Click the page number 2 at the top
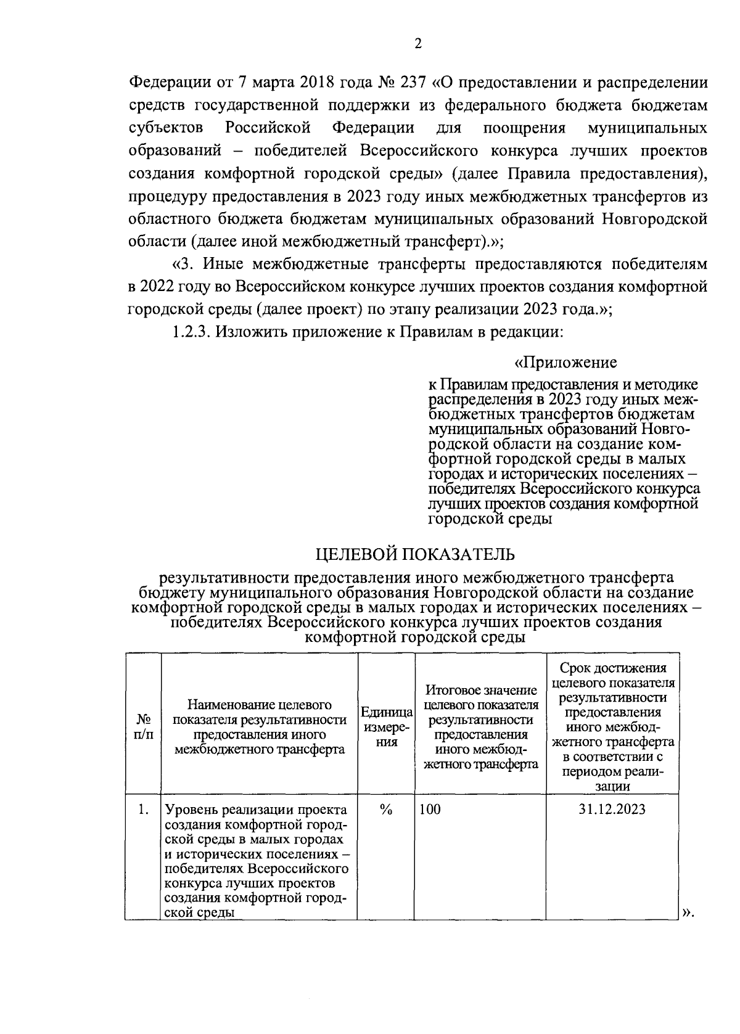coord(417,44)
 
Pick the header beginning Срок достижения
coord(612,668)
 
